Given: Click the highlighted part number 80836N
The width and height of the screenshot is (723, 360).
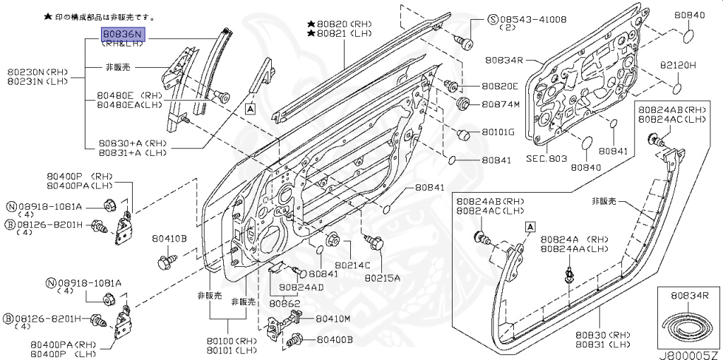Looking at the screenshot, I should (122, 32).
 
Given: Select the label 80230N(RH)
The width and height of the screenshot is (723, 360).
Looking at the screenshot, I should (35, 72).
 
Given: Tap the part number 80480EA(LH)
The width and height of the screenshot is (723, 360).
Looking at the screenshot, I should (130, 105).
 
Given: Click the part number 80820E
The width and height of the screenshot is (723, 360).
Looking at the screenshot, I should (500, 87).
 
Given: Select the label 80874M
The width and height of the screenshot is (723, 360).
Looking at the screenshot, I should (500, 104).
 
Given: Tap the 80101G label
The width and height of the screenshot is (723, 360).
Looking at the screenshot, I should (498, 132).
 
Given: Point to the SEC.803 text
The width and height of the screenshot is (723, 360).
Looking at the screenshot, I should (546, 159).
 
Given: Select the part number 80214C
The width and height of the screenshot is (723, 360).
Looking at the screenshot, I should (352, 265).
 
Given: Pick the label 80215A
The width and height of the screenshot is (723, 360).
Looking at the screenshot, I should (383, 278).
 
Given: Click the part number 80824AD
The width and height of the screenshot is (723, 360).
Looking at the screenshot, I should (301, 287).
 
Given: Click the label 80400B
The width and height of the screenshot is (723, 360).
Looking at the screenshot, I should (335, 340).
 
